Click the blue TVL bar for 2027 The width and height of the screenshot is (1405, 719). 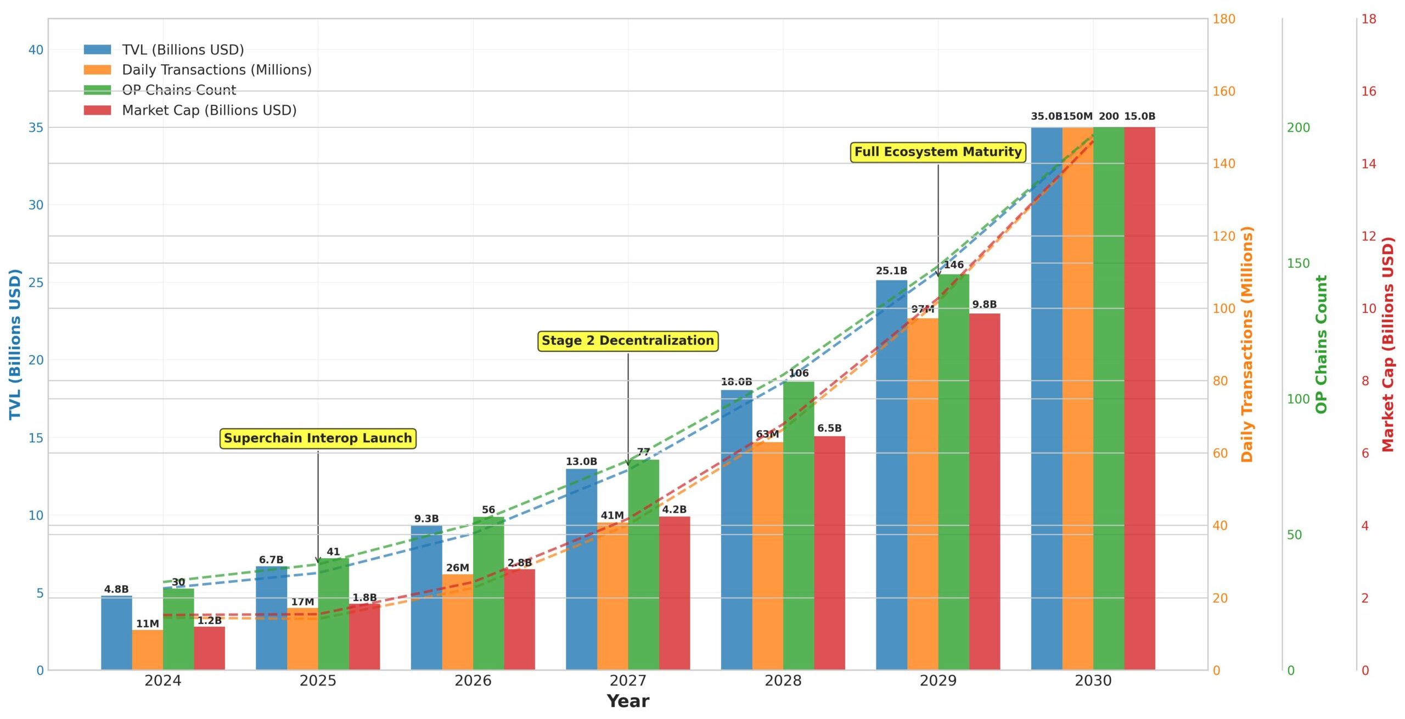coord(581,571)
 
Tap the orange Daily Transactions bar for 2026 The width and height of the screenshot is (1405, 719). coord(457,623)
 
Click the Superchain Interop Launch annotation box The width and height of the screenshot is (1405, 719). coord(318,438)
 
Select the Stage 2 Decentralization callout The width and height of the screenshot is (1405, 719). coord(627,340)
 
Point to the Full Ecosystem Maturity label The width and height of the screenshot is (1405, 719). coord(938,151)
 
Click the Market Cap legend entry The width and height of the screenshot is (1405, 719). coord(209,110)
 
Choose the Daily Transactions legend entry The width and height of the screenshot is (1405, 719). coord(216,70)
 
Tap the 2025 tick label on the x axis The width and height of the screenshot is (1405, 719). coord(318,681)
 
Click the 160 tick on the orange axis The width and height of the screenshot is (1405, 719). coord(1223,91)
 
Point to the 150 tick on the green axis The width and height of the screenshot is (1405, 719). coord(1298,263)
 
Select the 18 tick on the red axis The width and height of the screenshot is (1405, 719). coord(1369,19)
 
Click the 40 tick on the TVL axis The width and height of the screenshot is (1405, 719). coord(36,50)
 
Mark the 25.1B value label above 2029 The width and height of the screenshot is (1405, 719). coord(891,271)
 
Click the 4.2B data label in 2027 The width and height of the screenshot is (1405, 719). coord(674,509)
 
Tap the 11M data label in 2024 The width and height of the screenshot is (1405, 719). coord(147,623)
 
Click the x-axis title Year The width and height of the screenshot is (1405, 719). coord(628,701)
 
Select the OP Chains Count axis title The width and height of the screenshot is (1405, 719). coord(1321,344)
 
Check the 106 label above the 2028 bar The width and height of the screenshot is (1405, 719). coord(799,373)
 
